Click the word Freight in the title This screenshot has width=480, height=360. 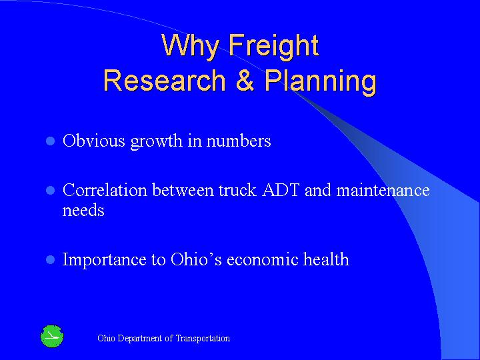point(274,46)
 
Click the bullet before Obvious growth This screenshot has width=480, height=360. point(48,142)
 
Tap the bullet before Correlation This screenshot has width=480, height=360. point(48,191)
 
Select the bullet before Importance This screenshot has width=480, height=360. point(48,260)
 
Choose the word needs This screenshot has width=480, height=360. point(83,211)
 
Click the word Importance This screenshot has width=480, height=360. point(105,260)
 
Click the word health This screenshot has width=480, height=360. point(329,260)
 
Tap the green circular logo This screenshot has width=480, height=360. point(51,336)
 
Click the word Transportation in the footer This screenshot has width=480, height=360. point(203,339)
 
